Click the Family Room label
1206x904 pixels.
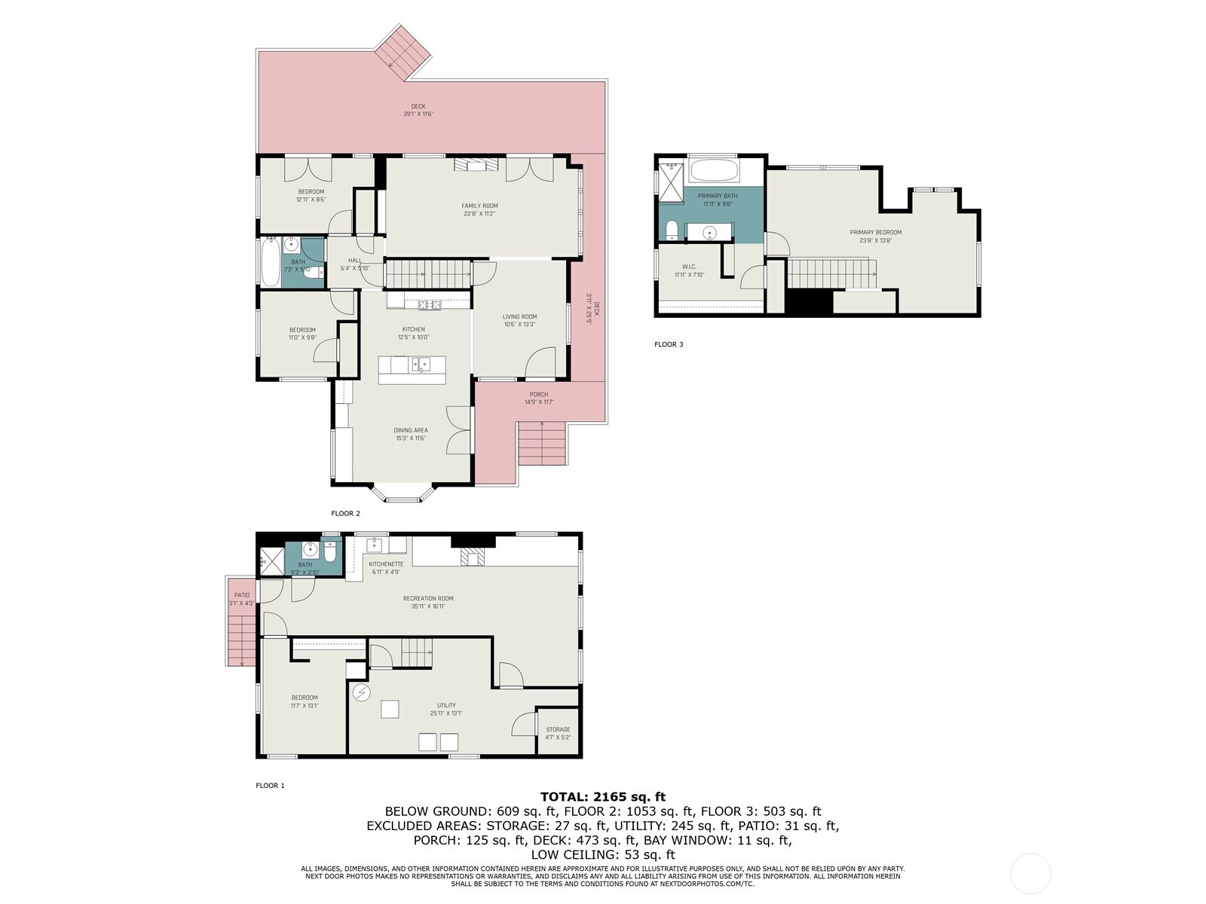[479, 206]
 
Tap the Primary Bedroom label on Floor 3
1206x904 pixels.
[875, 232]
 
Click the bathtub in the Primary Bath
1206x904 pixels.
[713, 169]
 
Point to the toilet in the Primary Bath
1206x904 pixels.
[670, 229]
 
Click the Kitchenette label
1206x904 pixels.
[385, 563]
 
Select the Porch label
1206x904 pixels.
[538, 394]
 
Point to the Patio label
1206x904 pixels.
[241, 595]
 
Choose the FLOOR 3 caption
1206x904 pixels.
[669, 344]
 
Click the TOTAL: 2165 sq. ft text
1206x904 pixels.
[603, 796]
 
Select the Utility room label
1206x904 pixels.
[446, 705]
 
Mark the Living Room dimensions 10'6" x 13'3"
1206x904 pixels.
[519, 325]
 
